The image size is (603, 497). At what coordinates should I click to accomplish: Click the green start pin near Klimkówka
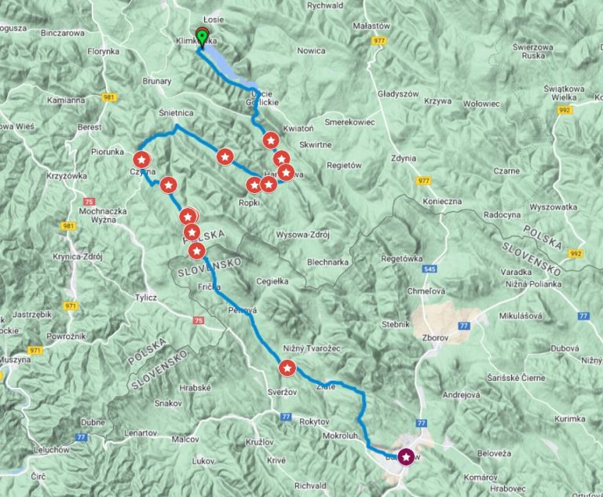click(x=202, y=36)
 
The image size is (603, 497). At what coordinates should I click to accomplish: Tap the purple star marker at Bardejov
click(x=406, y=455)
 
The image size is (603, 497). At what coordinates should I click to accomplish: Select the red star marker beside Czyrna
click(x=142, y=159)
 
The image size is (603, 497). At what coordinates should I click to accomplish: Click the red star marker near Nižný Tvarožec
click(x=287, y=367)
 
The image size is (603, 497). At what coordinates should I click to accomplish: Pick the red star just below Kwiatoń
click(x=271, y=141)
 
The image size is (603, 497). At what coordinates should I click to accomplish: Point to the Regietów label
click(x=342, y=166)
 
